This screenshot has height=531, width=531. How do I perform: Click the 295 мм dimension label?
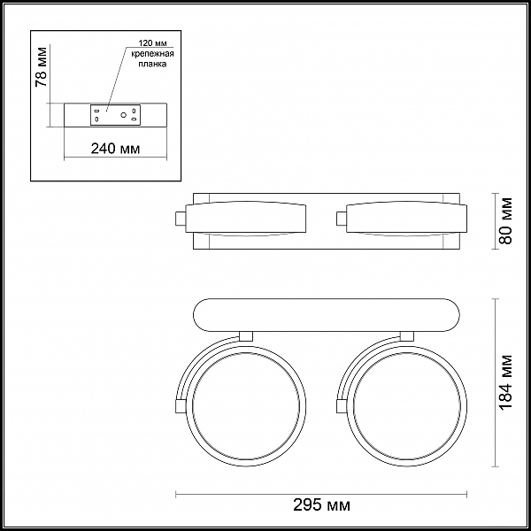pyautogui.click(x=321, y=505)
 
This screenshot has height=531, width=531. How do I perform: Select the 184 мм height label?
pyautogui.click(x=506, y=382)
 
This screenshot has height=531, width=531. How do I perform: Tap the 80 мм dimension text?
pyautogui.click(x=506, y=221)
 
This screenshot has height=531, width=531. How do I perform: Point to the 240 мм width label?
pyautogui.click(x=115, y=149)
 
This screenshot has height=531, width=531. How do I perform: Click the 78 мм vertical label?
pyautogui.click(x=42, y=67)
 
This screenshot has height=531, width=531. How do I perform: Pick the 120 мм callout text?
pyautogui.click(x=152, y=43)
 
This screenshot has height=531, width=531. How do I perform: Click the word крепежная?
pyautogui.click(x=152, y=54)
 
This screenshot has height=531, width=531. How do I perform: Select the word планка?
pyautogui.click(x=152, y=65)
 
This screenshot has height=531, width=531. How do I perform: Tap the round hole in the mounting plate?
pyautogui.click(x=124, y=115)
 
